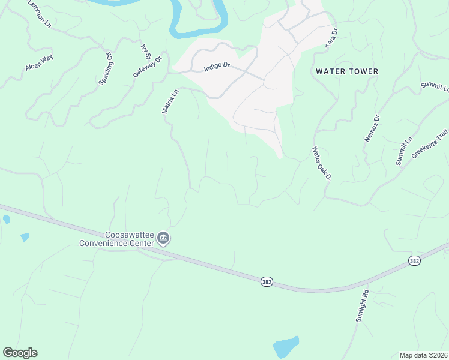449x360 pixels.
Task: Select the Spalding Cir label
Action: (106, 68)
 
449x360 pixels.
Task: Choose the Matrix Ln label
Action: (170, 101)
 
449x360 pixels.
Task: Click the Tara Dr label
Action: (331, 38)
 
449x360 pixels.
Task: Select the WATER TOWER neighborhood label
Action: (347, 71)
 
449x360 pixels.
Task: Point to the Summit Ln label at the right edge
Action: (435, 88)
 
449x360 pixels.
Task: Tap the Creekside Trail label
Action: (430, 144)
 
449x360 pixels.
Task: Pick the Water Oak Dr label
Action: (321, 163)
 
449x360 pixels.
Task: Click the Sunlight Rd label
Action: (361, 307)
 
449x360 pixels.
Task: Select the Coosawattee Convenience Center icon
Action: (163, 239)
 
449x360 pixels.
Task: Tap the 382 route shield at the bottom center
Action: (267, 281)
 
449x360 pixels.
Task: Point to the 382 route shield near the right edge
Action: (414, 261)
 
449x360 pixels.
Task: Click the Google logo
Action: (20, 353)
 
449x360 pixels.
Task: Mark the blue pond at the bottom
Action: (285, 347)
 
